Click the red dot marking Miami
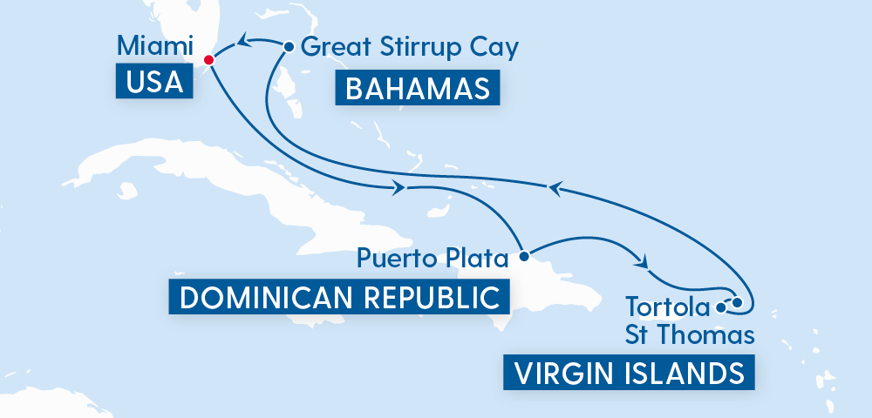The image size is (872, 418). pos(208,59)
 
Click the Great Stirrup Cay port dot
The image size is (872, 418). pos(287,45)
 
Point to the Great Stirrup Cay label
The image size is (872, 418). pos(409,45)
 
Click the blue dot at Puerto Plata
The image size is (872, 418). pos(523,257)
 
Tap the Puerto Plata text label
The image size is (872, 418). pos(433,258)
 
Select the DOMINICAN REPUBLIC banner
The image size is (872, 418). pos(338,298)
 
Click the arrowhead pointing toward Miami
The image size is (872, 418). pos(247,39)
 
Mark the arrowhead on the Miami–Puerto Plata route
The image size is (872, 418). pos(400,188)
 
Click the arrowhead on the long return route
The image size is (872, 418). pos(553,186)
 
